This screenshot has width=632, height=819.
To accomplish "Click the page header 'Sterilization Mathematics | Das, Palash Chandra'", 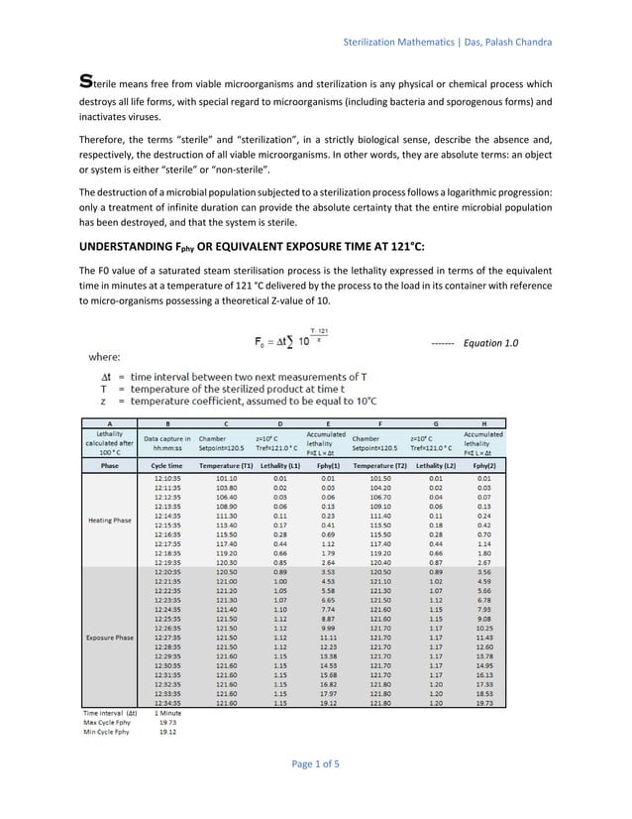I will point(447,42).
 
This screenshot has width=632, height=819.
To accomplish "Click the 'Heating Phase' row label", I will point(110,519).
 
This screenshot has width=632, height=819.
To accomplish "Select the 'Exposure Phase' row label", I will point(110,637).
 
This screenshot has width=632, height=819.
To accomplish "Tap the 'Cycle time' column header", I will point(165,464).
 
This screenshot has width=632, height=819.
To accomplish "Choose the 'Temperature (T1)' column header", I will point(226,464).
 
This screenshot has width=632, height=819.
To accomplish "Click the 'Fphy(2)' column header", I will point(483,464).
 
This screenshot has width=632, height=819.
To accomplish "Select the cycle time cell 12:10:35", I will point(165,477).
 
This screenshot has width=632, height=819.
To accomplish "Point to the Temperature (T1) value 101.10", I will point(226,477).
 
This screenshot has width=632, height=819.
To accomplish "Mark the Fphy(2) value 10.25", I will point(483,628).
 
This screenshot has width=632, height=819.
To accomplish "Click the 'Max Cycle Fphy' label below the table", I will point(105,723).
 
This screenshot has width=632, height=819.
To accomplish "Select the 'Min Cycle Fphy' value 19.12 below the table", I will point(167,733).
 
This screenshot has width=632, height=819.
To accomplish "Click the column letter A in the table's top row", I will point(110,422).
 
